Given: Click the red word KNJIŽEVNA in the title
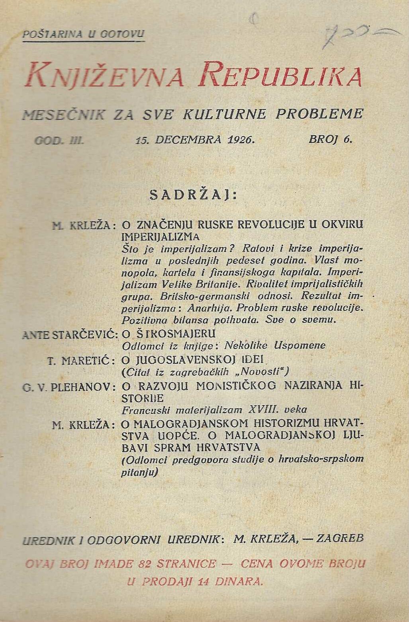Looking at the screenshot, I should [104, 75].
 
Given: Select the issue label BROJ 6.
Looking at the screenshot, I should [331, 139].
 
